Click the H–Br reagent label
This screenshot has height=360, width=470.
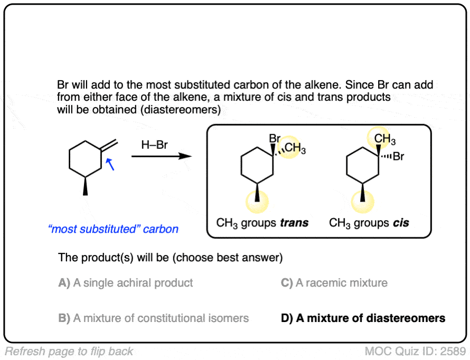tap(154, 145)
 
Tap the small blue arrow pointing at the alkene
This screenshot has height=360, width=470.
tap(110, 166)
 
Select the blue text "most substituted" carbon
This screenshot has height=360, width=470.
tap(112, 229)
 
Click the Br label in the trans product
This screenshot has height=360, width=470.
tap(275, 138)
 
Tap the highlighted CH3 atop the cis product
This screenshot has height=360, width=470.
tap(385, 139)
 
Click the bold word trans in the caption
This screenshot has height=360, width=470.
tap(295, 223)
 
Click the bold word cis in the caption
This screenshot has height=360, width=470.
tap(401, 223)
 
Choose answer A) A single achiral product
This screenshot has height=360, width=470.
tap(126, 283)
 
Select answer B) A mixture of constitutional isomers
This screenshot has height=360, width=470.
tap(153, 318)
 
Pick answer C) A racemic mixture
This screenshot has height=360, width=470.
tap(334, 283)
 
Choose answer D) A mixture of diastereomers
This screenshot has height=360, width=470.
tap(363, 318)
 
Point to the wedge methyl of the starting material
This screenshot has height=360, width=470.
tap(85, 188)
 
